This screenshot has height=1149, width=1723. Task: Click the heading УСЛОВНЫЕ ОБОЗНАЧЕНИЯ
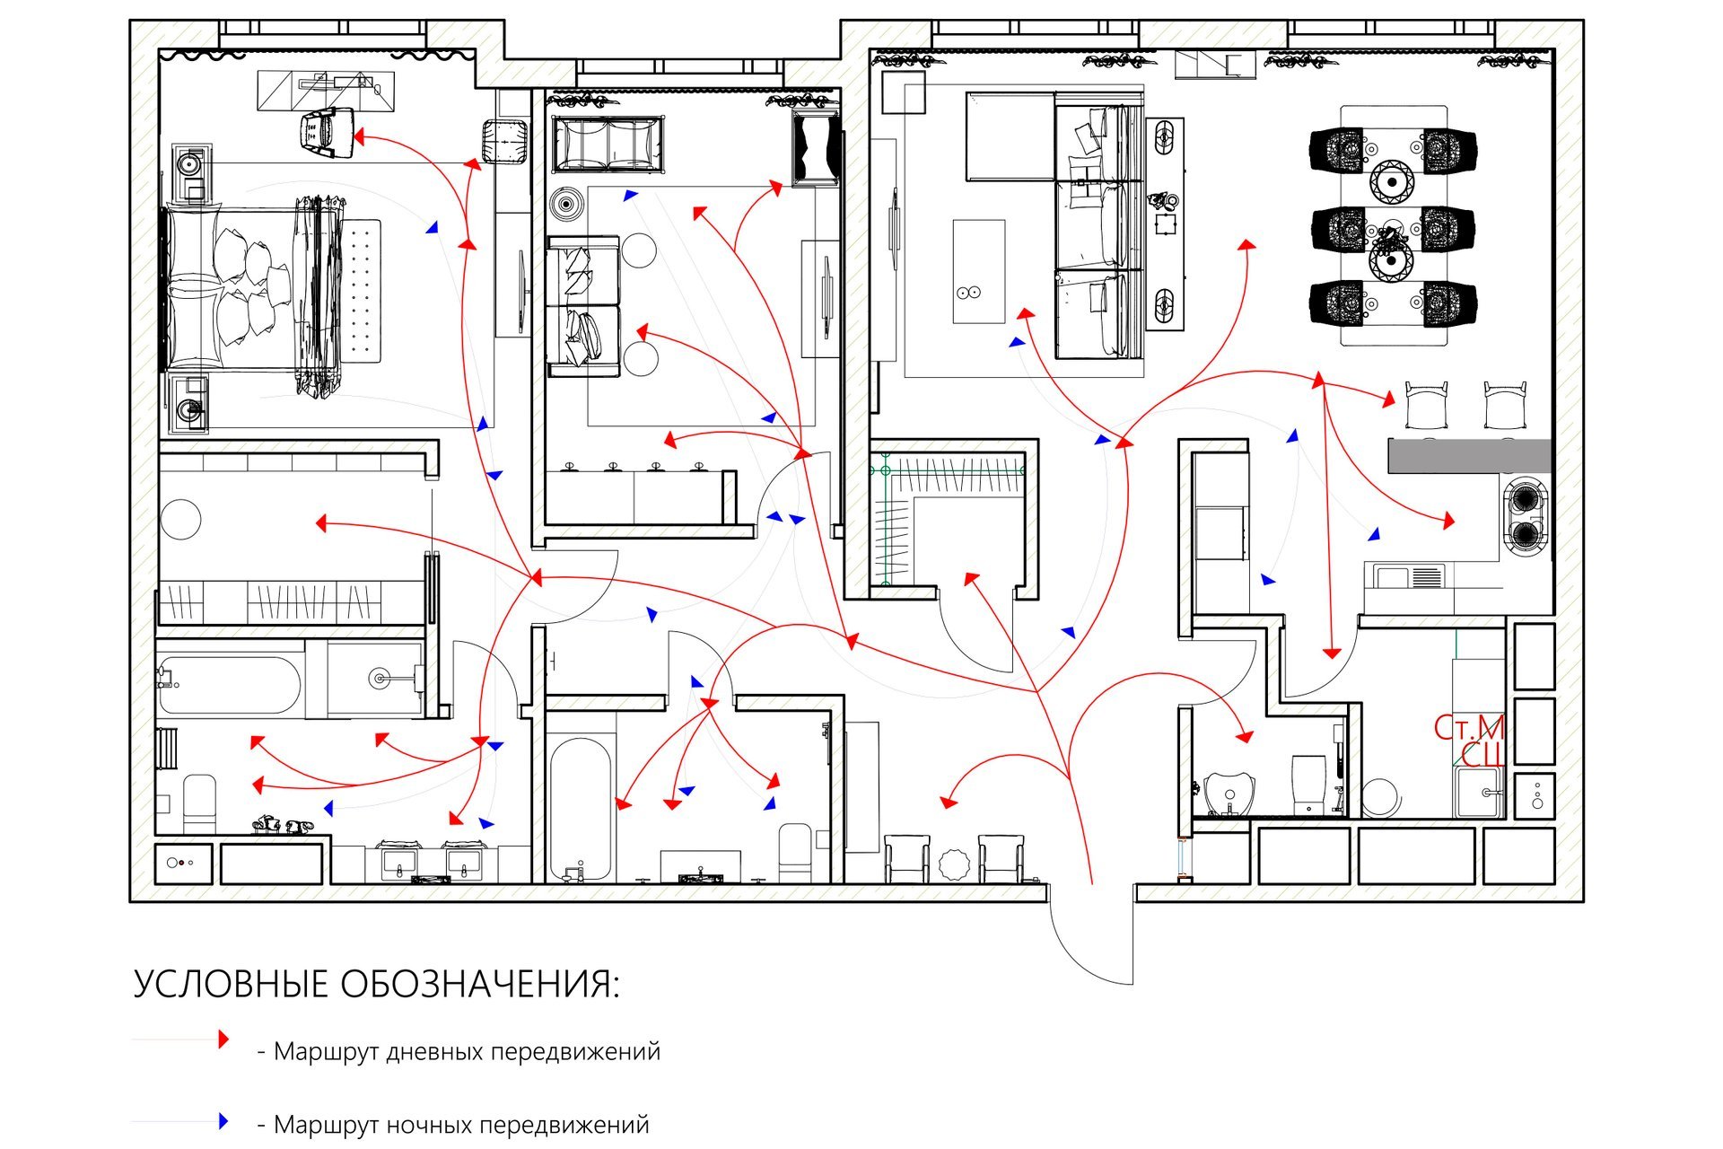coord(376,985)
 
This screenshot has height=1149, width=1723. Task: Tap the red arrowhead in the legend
coord(223,1039)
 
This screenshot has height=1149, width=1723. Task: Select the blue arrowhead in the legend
coord(223,1121)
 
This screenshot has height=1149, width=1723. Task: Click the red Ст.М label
coord(1468,728)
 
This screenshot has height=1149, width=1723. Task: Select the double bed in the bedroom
coord(251,288)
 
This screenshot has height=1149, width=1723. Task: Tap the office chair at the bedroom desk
coord(325,129)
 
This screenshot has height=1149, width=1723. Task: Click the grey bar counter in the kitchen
coord(1469,456)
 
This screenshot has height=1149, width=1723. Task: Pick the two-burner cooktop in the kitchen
coord(1526,516)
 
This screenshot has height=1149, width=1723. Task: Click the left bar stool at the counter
coord(1426,405)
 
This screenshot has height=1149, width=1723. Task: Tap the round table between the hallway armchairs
coord(953,864)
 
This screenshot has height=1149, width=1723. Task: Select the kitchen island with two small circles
coord(978,271)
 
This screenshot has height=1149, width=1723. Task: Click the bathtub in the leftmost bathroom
coord(230,686)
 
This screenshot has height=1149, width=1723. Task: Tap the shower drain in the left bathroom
coord(381,679)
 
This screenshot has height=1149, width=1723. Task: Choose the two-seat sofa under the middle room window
coord(608,144)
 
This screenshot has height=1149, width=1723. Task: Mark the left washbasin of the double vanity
coord(398,863)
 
